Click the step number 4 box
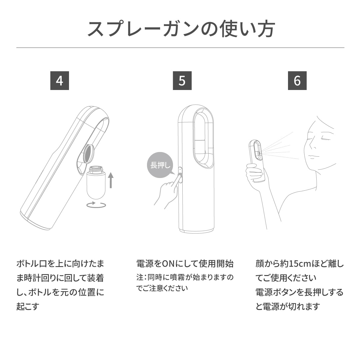tap(60, 81)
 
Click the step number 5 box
tap(182, 81)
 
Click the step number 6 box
tap(297, 81)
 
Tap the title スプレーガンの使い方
tap(180, 29)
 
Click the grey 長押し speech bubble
tap(160, 165)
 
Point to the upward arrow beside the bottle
tap(111, 180)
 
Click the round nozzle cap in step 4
tap(88, 153)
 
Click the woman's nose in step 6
tap(312, 145)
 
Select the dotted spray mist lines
tap(278, 148)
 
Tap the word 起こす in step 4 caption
tap(28, 306)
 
